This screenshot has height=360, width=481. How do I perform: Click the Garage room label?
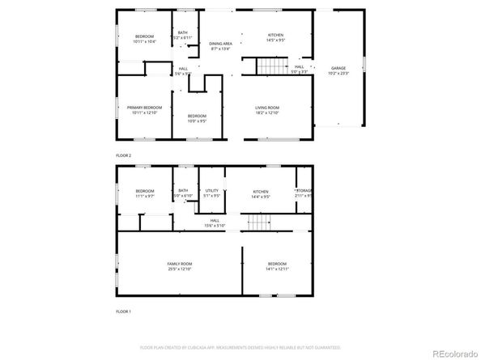coord(338,70)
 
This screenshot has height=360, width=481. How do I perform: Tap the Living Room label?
coord(267,110)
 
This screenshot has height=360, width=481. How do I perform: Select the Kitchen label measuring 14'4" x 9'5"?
coord(260,193)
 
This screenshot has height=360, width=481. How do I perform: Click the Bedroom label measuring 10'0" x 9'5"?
coord(197,118)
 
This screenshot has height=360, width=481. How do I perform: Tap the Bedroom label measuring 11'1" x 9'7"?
coord(144,193)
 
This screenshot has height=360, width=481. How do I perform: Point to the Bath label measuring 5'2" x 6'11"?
coord(183,36)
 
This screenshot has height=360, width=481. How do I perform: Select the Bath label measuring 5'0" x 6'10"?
coord(183,193)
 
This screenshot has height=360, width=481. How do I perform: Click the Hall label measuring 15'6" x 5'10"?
coord(215,222)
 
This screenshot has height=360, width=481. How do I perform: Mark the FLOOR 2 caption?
coord(124,155)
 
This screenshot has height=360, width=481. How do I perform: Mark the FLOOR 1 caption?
coord(124,311)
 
